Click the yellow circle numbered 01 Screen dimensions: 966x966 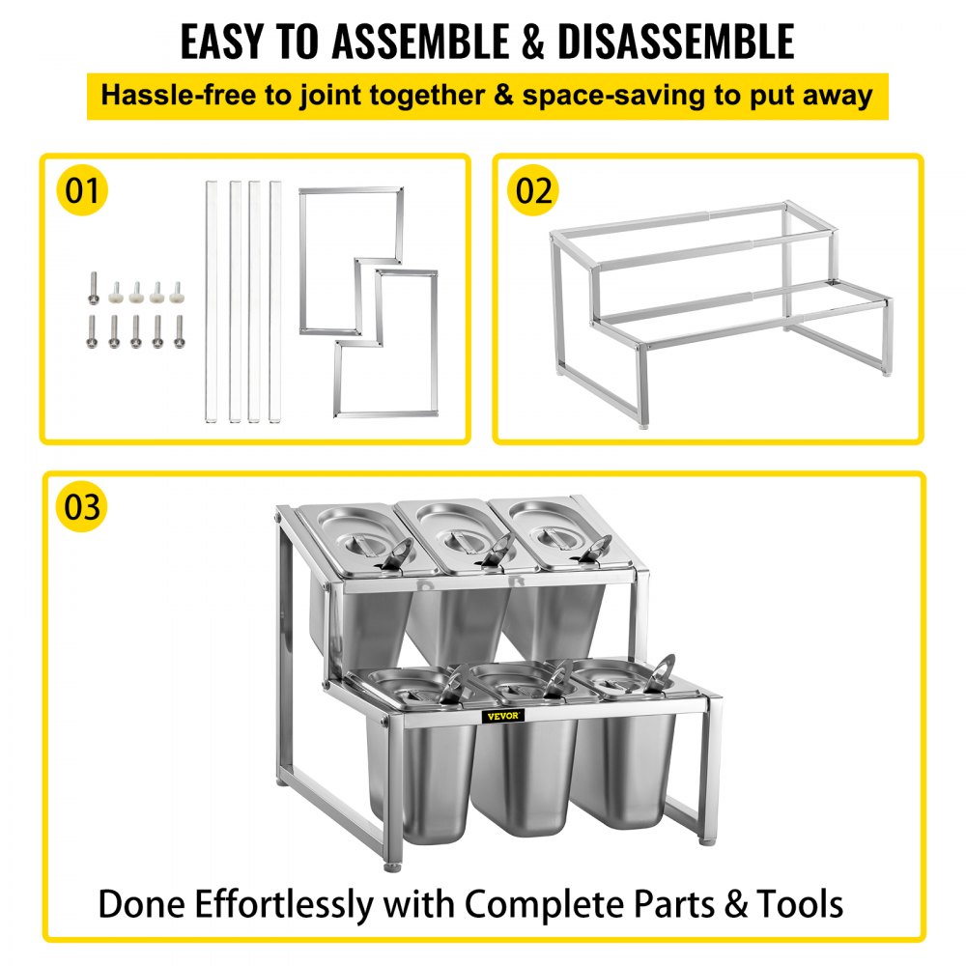82,190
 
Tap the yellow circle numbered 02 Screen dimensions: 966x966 533,190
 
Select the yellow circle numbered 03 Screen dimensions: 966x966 82,507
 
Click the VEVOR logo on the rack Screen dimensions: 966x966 502,716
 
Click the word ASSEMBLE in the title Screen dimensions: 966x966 421,42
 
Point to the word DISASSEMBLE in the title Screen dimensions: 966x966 676,42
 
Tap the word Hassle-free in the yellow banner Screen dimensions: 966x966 178,96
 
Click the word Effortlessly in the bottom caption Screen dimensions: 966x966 284,904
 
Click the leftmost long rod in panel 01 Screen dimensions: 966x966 211,301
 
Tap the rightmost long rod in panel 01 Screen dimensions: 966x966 274,301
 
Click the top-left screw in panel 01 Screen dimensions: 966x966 93,288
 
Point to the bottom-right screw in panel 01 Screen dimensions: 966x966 180,331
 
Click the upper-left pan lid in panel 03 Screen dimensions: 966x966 353,540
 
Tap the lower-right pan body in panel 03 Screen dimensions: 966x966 625,770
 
